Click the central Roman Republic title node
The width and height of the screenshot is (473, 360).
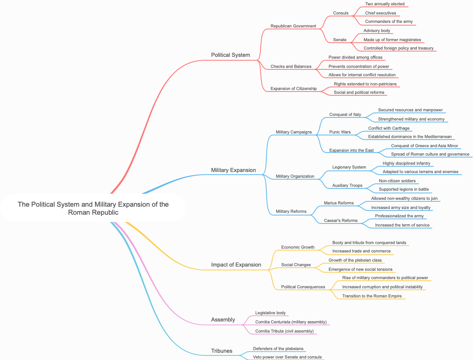(x=93, y=208)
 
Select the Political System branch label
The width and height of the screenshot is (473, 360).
(x=230, y=55)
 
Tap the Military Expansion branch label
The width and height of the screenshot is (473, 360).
(x=233, y=170)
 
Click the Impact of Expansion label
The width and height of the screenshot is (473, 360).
(x=236, y=265)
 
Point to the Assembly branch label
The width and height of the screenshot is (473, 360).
(x=223, y=320)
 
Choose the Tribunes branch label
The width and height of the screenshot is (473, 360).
(x=222, y=351)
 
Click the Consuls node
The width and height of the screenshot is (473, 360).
(x=341, y=13)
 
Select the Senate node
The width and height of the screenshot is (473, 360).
(x=339, y=40)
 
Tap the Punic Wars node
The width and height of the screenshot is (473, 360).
(x=340, y=132)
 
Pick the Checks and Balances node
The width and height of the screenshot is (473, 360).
(x=291, y=66)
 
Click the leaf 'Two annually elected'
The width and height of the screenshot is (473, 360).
(x=385, y=4)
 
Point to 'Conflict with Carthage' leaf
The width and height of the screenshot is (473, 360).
(x=389, y=128)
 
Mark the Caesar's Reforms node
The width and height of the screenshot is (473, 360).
(x=341, y=220)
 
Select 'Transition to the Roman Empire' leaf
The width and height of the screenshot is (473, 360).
(x=372, y=296)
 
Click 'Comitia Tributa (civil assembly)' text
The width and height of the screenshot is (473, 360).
(x=284, y=331)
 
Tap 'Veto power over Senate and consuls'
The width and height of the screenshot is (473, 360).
(x=287, y=357)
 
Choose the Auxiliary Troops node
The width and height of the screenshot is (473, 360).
(x=347, y=185)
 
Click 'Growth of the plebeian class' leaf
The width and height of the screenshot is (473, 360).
(x=355, y=260)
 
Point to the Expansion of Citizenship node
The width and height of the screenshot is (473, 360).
(x=293, y=88)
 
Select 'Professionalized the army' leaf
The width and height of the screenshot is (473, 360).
(x=399, y=216)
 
